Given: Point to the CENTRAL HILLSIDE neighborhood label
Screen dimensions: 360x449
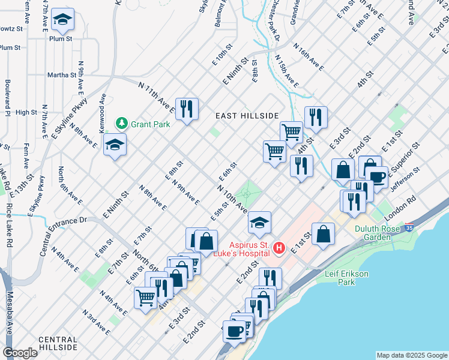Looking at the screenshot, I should (x=58, y=343).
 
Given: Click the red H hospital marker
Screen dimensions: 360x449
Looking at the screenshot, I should (x=279, y=247).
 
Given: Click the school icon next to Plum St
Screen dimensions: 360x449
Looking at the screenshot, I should (x=62, y=20).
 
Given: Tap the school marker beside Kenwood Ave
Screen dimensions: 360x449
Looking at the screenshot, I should (x=115, y=145).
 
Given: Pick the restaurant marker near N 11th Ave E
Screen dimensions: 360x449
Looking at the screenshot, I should (x=187, y=109).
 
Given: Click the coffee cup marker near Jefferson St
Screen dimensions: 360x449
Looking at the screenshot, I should (x=376, y=176).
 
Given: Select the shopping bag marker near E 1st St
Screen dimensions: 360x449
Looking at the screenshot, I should (x=323, y=234).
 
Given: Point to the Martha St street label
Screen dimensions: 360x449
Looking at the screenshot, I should (x=61, y=76).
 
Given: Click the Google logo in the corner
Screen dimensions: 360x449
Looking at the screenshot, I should (x=20, y=353).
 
